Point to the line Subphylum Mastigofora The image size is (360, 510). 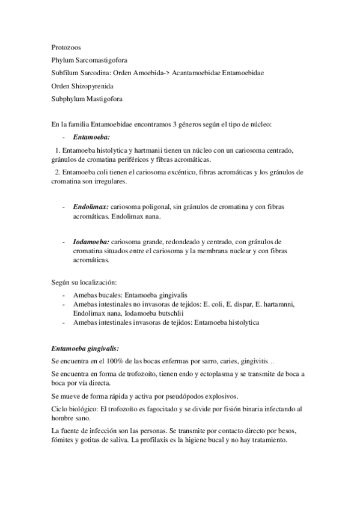coord(90,99)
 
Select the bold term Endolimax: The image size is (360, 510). coord(91,206)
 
